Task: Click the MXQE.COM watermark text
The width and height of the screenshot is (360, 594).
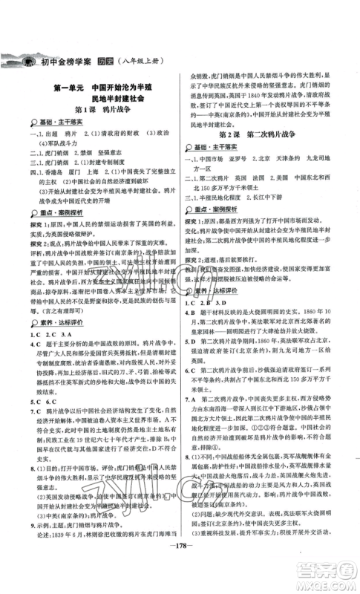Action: point(326,580)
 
